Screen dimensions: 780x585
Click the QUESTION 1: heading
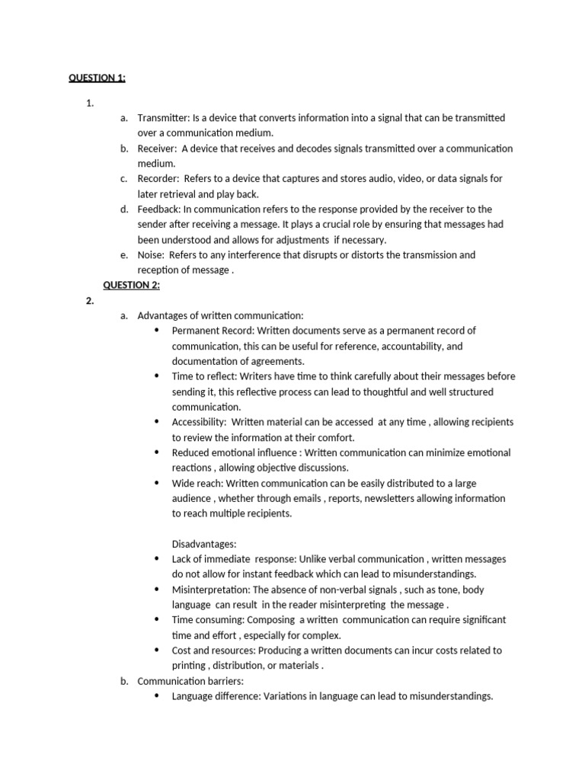pyautogui.click(x=97, y=78)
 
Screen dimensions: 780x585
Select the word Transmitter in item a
pyautogui.click(x=163, y=118)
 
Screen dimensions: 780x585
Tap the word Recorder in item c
pyautogui.click(x=158, y=179)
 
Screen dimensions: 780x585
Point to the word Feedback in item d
pyautogui.click(x=158, y=209)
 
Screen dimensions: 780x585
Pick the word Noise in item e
pyautogui.click(x=151, y=255)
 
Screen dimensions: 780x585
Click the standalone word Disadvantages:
pyautogui.click(x=204, y=544)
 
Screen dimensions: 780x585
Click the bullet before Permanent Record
pyautogui.click(x=157, y=331)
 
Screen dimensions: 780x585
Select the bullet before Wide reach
pyautogui.click(x=157, y=483)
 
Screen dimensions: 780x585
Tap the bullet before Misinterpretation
pyautogui.click(x=157, y=590)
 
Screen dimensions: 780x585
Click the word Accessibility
pyautogui.click(x=198, y=422)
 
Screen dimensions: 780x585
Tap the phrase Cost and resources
pyautogui.click(x=213, y=651)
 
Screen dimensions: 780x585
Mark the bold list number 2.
pyautogui.click(x=90, y=301)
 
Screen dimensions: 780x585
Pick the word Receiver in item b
pyautogui.click(x=156, y=149)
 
